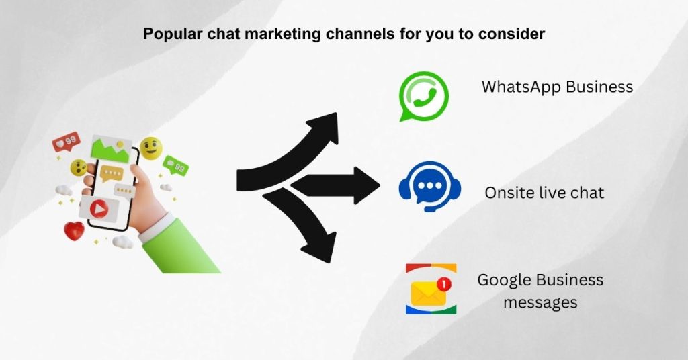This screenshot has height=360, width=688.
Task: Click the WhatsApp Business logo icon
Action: coord(423,96)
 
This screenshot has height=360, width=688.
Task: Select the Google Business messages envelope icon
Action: coord(431,289)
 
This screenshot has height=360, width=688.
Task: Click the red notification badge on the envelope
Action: coord(443,285)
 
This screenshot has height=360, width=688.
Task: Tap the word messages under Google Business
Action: coord(540,303)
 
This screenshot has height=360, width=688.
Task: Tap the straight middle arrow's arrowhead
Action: coord(367,185)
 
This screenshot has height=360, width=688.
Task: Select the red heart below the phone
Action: coord(74,232)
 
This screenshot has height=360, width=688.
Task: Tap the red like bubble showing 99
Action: coord(67,142)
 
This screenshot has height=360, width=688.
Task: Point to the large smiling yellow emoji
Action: coord(151,148)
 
